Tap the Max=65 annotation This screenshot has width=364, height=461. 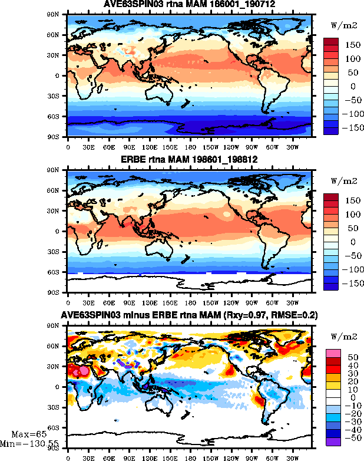coord(25,434)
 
